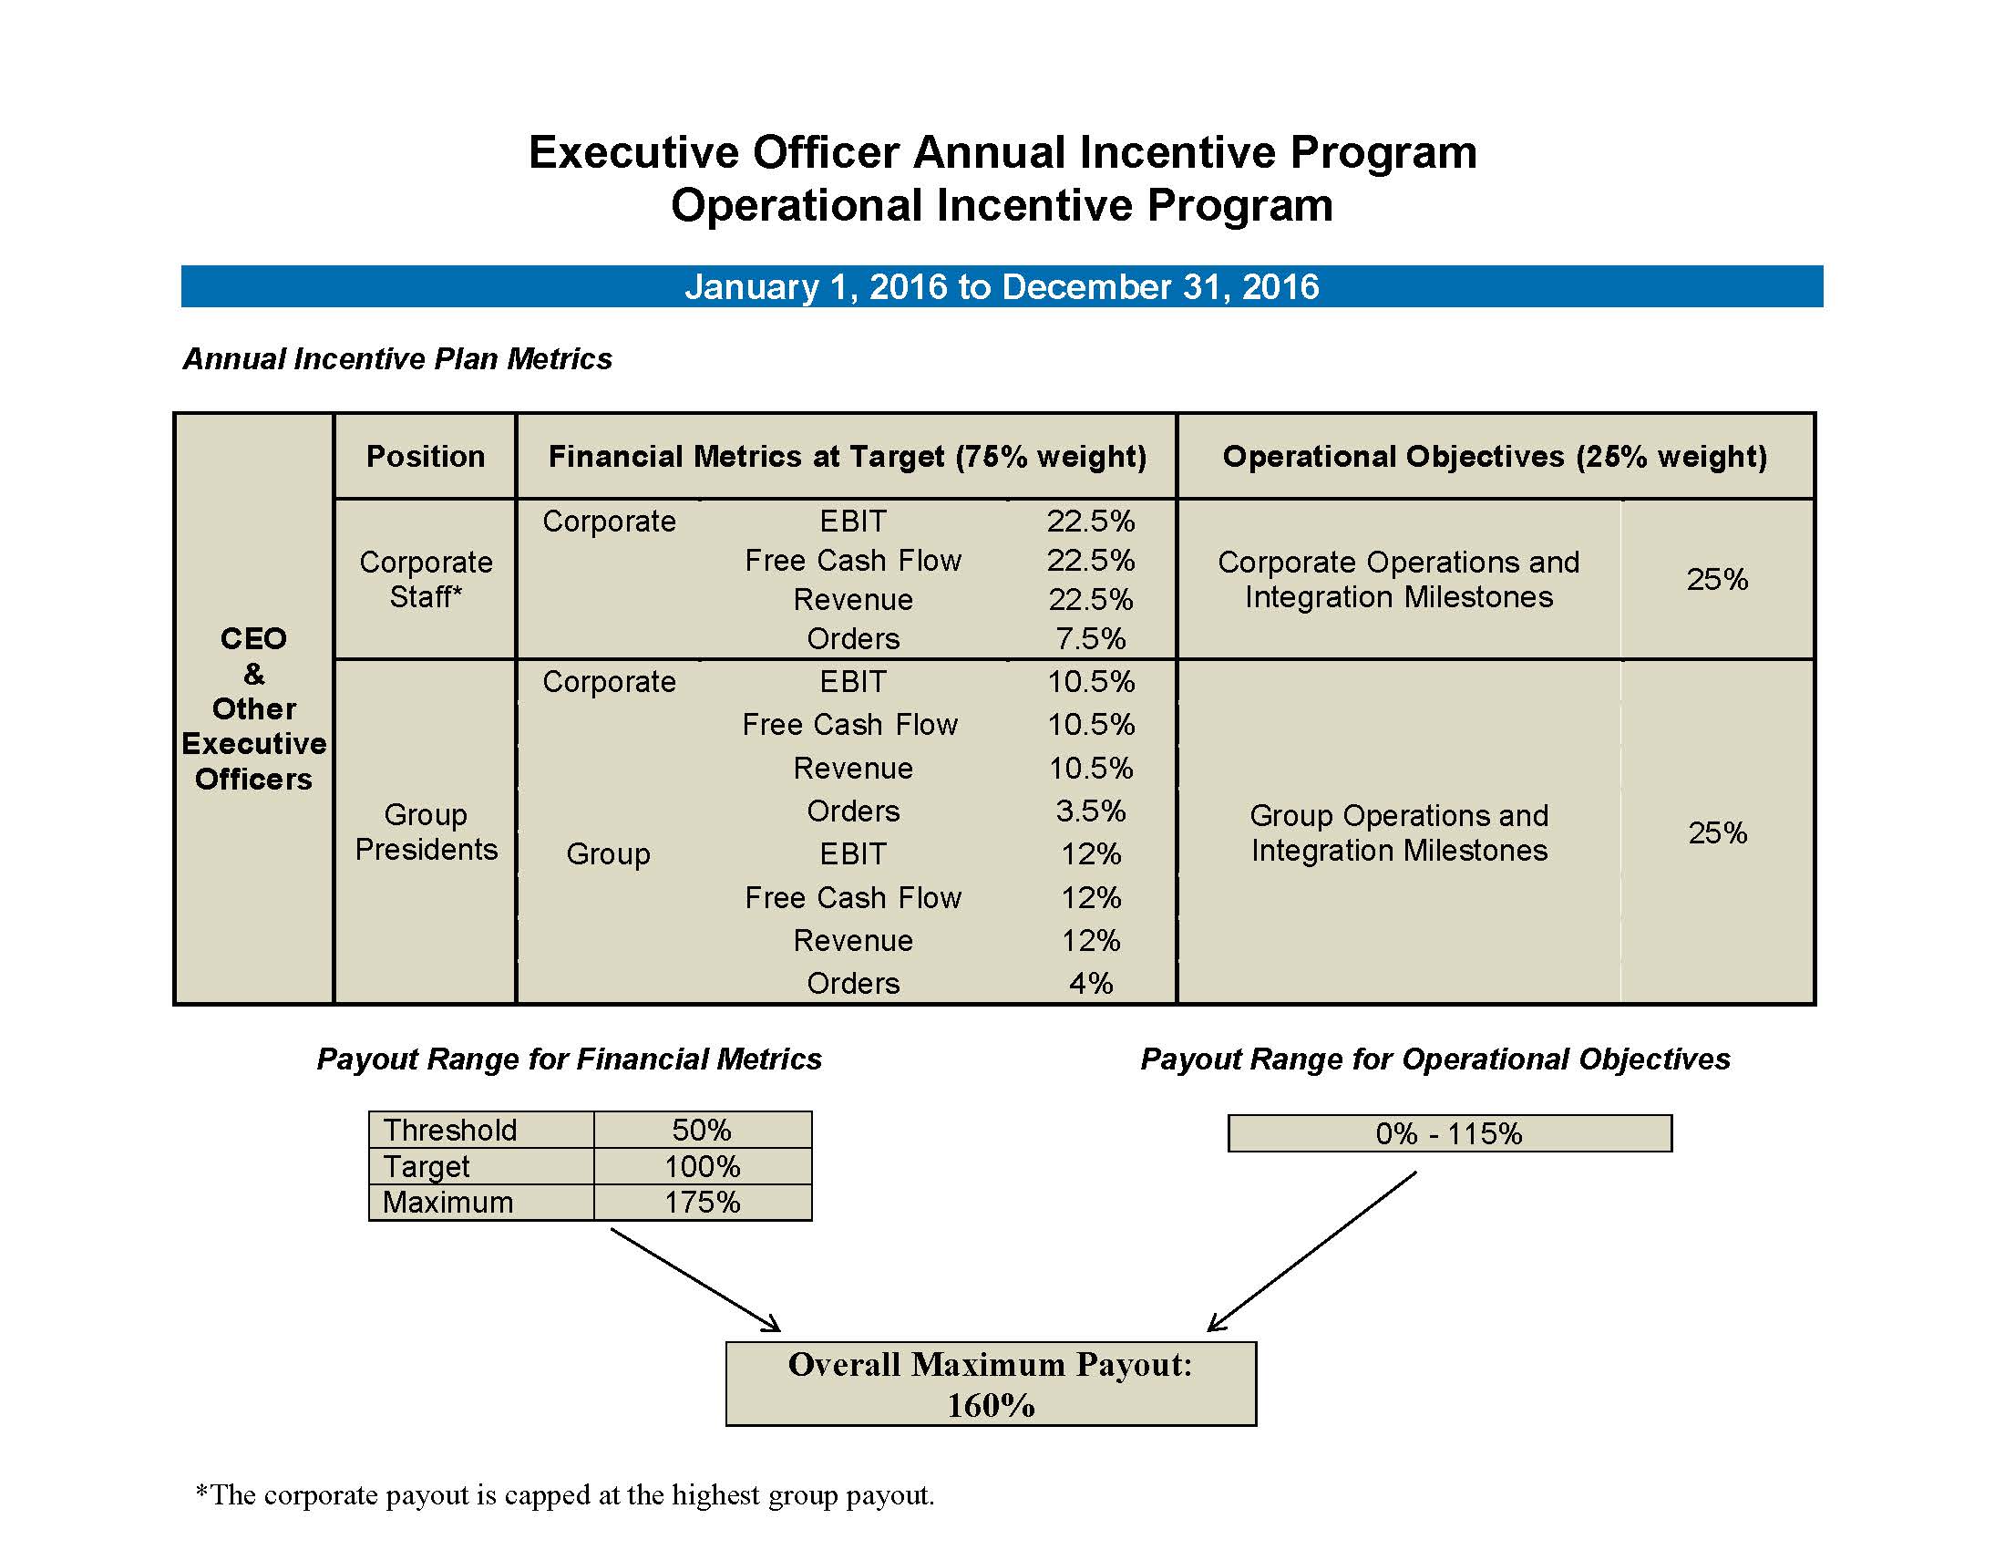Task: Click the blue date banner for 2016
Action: (x=1001, y=286)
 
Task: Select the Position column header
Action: (x=425, y=457)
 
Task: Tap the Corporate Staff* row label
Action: (x=425, y=579)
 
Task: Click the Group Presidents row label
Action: (x=425, y=832)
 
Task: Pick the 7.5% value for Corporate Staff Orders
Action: (x=1090, y=638)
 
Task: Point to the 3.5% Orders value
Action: (x=1090, y=811)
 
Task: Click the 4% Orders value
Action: (x=1090, y=984)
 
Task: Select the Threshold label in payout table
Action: (x=450, y=1130)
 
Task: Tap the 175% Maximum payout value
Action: (x=703, y=1202)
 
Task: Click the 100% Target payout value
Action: (x=703, y=1166)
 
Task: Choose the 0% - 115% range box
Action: (x=1449, y=1133)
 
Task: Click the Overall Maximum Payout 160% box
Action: (x=990, y=1384)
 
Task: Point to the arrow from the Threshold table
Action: (x=695, y=1280)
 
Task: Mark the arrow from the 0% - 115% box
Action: (x=1312, y=1251)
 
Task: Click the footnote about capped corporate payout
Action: (x=565, y=1495)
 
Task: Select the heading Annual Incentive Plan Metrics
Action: (x=397, y=358)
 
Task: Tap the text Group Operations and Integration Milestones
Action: (x=1398, y=832)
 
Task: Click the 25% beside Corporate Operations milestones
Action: (x=1717, y=579)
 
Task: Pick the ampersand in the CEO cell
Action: (x=253, y=674)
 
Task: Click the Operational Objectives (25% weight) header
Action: (x=1495, y=457)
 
